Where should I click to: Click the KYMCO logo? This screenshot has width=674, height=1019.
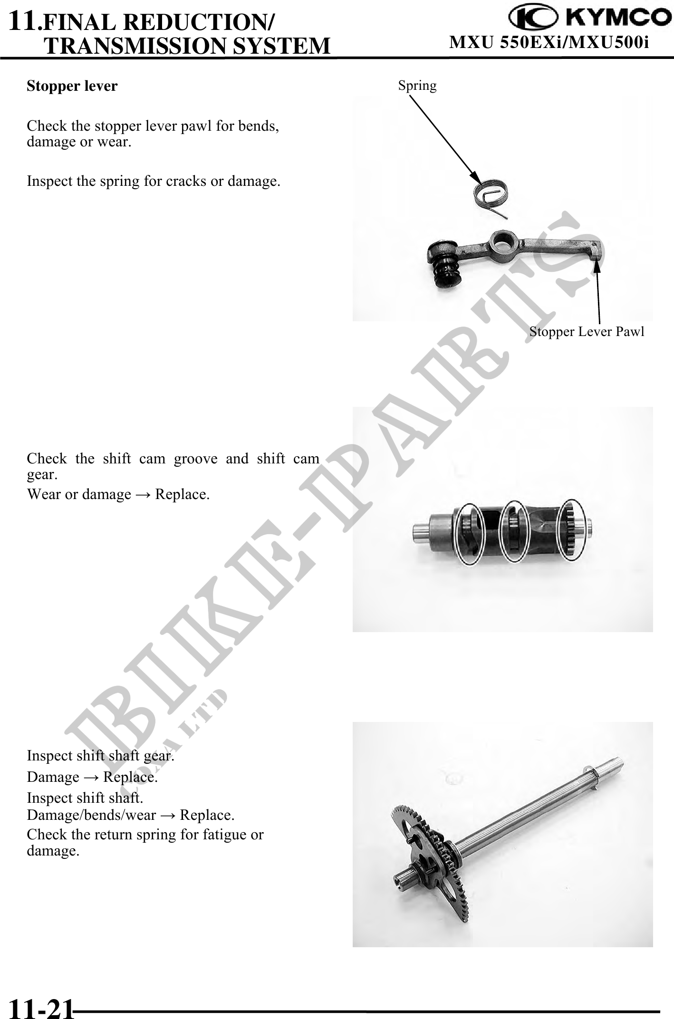587,18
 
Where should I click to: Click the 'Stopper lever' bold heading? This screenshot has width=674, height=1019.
72,86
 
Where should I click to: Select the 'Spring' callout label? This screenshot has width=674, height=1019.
417,86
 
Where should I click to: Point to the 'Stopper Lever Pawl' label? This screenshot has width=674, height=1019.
587,331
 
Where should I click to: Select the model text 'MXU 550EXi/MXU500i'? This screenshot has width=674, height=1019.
549,43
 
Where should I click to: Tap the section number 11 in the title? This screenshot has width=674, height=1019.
23,20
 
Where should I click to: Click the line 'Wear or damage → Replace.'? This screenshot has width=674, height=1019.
118,494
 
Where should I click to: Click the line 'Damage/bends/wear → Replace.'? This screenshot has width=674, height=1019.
131,815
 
